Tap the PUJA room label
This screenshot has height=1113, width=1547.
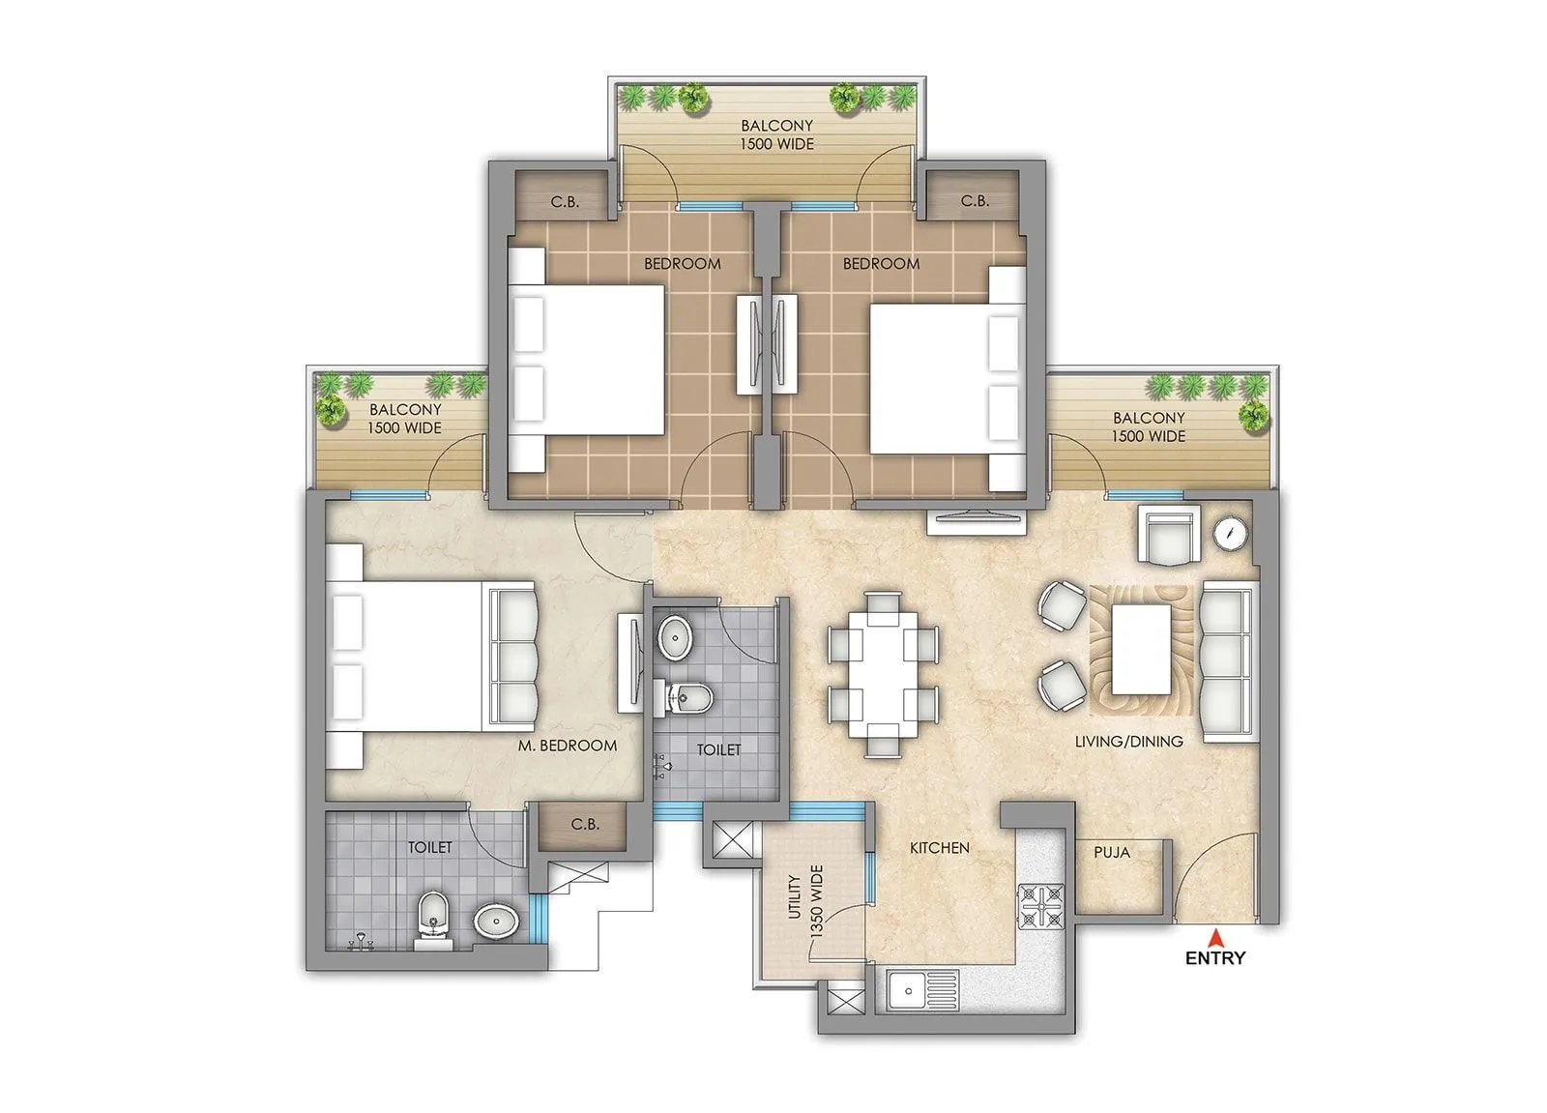pyautogui.click(x=1112, y=853)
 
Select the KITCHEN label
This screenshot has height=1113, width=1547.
pyautogui.click(x=939, y=848)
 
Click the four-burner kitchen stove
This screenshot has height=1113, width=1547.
pyautogui.click(x=1040, y=906)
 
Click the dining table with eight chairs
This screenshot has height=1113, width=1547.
pyautogui.click(x=883, y=674)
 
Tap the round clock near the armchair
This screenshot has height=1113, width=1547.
pyautogui.click(x=1231, y=533)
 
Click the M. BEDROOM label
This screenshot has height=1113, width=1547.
pyautogui.click(x=567, y=746)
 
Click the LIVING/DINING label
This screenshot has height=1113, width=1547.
pyautogui.click(x=1128, y=742)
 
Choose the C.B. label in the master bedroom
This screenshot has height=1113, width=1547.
pyautogui.click(x=585, y=825)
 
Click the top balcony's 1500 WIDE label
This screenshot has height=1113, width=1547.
pyautogui.click(x=776, y=144)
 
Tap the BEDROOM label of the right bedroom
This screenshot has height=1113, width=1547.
pyautogui.click(x=881, y=263)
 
